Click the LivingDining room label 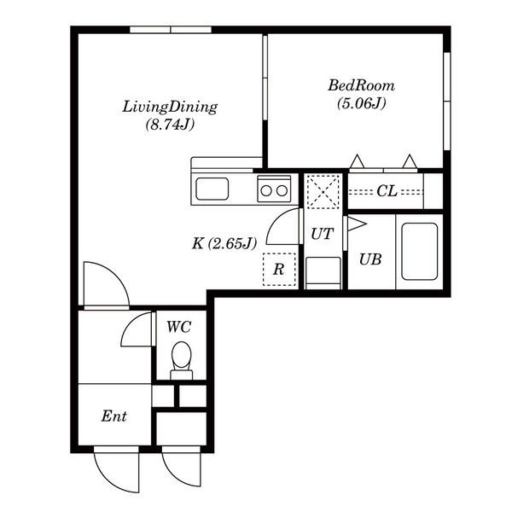click(x=170, y=108)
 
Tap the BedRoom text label click(x=361, y=85)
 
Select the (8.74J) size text click(x=170, y=125)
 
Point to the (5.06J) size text click(x=362, y=103)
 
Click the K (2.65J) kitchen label click(x=224, y=243)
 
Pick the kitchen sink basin click(x=212, y=189)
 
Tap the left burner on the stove click(x=266, y=190)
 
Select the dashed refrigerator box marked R click(x=279, y=270)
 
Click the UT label click(x=323, y=234)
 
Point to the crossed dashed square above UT click(x=323, y=191)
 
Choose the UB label click(x=370, y=259)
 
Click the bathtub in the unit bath click(x=419, y=252)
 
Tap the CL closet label click(x=387, y=191)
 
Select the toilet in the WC click(x=181, y=360)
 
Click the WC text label click(x=178, y=327)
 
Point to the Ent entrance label click(x=113, y=416)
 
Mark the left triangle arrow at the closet click(x=358, y=161)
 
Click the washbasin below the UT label click(x=323, y=273)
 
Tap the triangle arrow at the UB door click(x=357, y=224)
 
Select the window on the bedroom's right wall click(x=447, y=102)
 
